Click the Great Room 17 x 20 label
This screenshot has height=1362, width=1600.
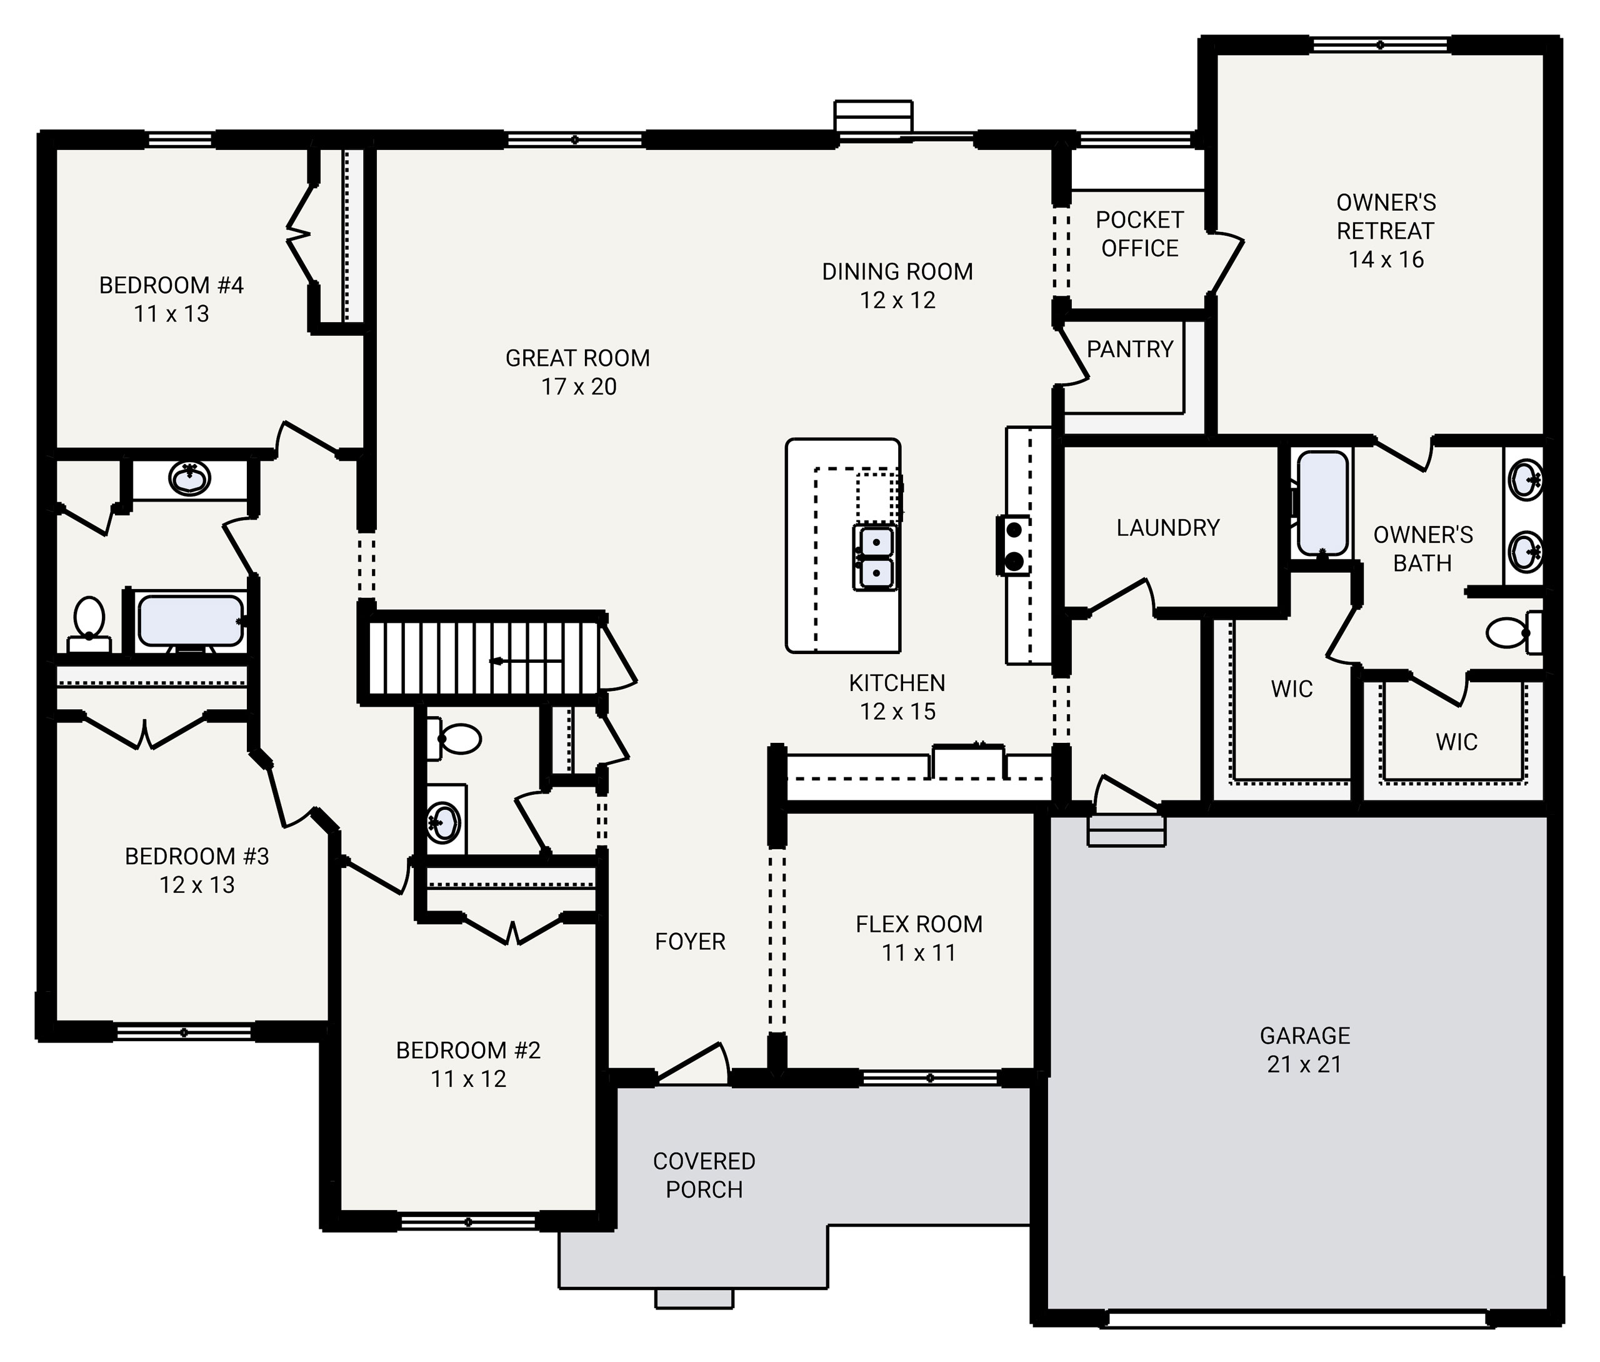tap(577, 372)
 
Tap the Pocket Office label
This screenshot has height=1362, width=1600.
tap(1139, 234)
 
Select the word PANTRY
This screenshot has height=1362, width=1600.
tap(1129, 349)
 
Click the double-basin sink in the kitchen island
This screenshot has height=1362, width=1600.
tap(875, 557)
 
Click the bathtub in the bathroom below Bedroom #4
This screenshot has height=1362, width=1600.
tap(190, 620)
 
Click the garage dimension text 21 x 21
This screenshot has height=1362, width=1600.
tap(1304, 1064)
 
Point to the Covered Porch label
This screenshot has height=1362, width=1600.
tap(704, 1174)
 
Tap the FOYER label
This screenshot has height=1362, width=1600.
tap(690, 941)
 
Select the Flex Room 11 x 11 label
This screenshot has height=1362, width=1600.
tap(919, 938)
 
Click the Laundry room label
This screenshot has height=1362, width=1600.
tap(1167, 528)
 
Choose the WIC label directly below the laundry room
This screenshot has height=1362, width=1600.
tap(1291, 689)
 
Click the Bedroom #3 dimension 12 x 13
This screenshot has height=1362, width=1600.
tap(197, 885)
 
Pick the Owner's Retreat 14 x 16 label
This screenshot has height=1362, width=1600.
tap(1386, 231)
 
